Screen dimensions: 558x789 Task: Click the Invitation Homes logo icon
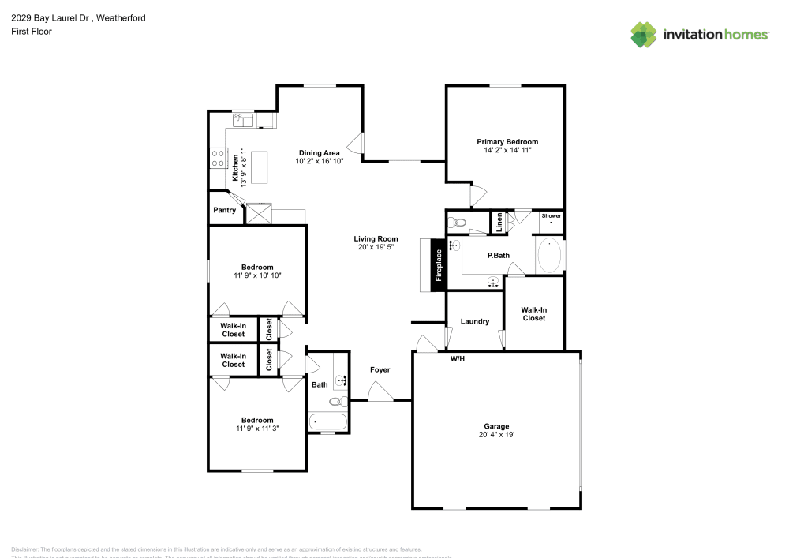click(644, 34)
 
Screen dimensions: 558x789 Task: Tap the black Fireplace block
click(439, 265)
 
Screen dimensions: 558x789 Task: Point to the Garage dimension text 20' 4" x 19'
click(496, 435)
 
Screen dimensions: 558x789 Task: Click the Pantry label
click(224, 211)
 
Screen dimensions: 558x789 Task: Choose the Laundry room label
click(475, 321)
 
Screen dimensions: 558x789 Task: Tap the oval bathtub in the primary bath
click(549, 256)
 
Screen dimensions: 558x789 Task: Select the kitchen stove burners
click(216, 158)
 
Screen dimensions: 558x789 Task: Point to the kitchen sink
click(242, 119)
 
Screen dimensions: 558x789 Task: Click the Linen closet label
click(499, 223)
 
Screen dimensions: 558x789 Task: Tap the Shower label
click(551, 215)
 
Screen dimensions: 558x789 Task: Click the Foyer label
click(380, 369)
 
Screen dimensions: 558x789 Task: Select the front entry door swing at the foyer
click(380, 392)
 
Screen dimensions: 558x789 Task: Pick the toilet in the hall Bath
click(337, 401)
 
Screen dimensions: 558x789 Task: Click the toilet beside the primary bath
click(457, 223)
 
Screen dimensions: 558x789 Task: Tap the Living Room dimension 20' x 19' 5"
click(376, 247)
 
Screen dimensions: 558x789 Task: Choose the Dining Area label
click(319, 152)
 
